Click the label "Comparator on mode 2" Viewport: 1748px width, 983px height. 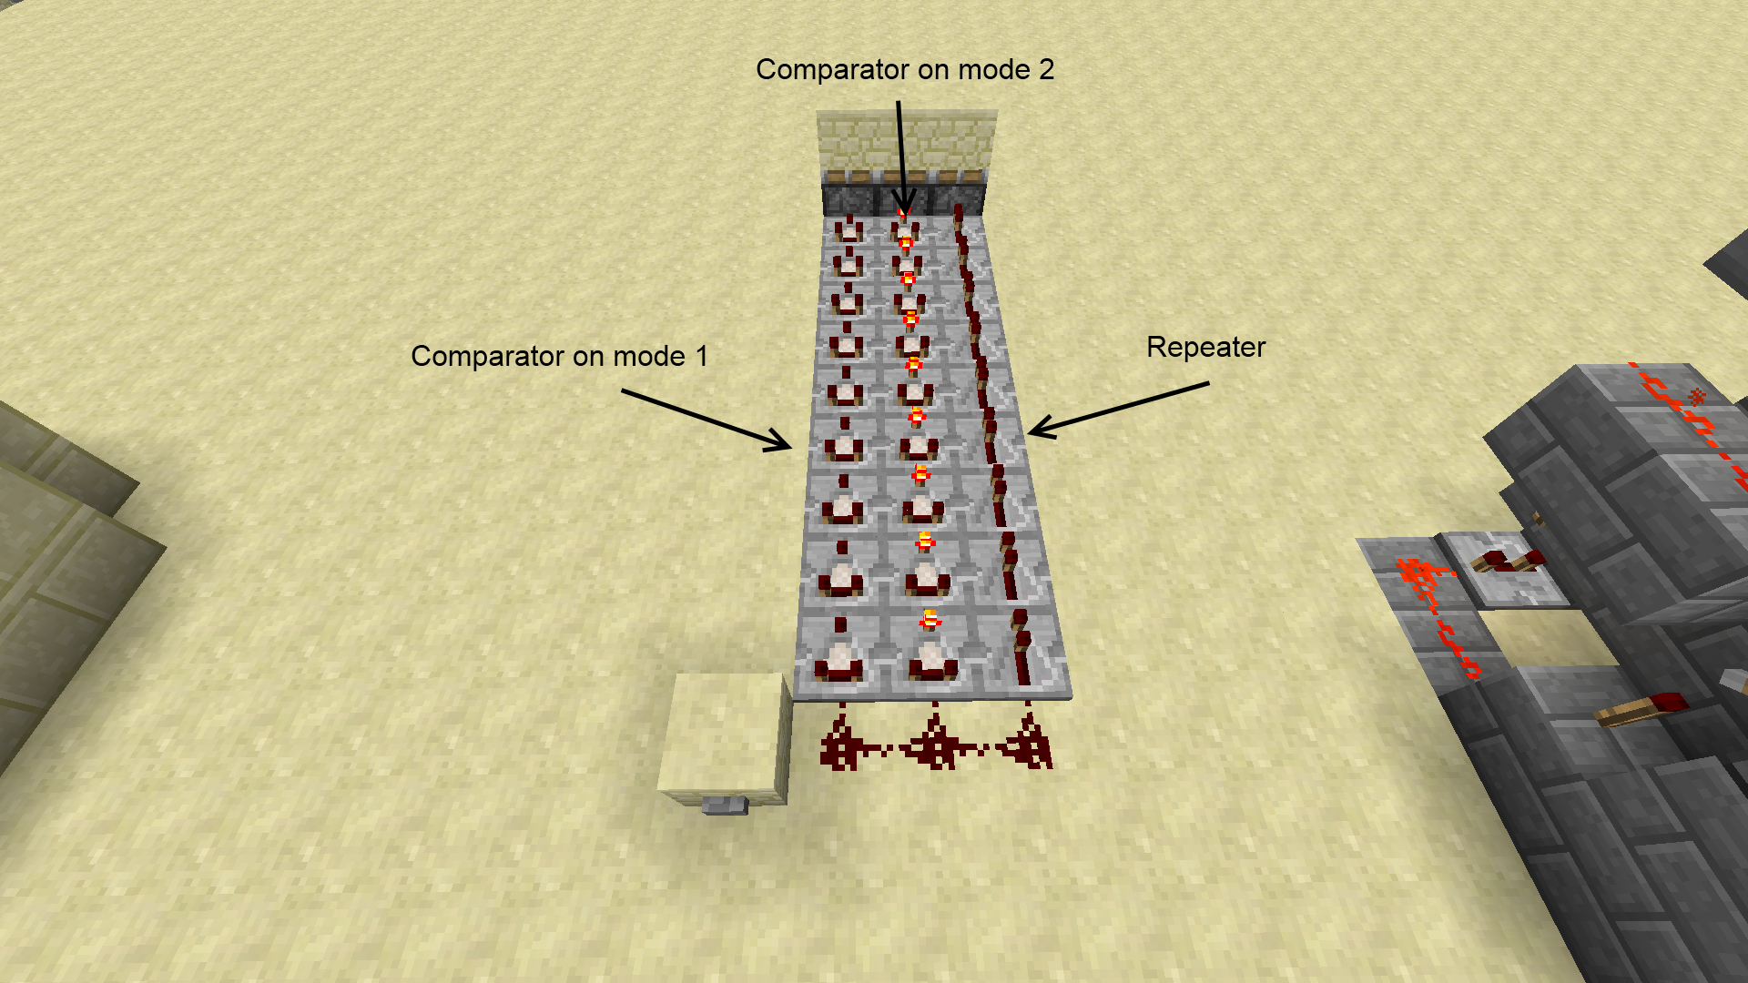904,70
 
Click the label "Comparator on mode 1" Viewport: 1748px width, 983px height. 559,356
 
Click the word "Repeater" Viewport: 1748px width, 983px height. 1205,347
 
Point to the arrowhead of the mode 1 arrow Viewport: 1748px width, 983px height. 785,445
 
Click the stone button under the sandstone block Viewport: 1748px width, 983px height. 725,806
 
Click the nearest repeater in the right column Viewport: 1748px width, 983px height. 1021,651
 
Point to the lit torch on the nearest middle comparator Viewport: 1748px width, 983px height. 929,620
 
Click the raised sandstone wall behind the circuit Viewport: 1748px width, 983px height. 906,141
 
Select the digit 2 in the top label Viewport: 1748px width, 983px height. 1046,70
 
